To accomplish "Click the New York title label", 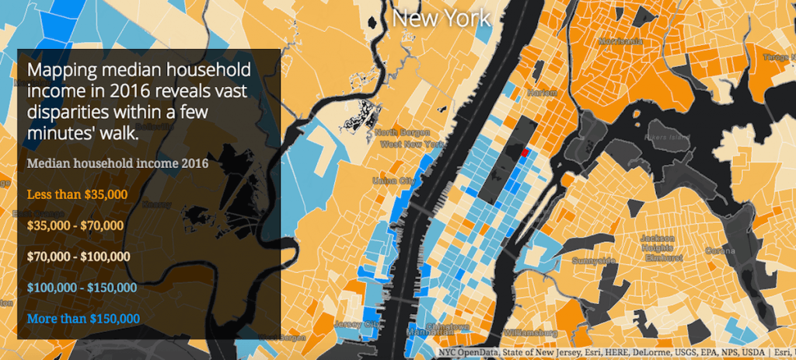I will pos(442,18).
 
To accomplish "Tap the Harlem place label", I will pos(543,93).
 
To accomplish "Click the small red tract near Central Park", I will pos(525,153).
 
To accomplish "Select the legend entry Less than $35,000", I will pos(77,194).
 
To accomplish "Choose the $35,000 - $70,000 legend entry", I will pos(75,225).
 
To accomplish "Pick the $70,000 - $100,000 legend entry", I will pos(79,256).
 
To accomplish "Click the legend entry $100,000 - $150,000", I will pos(82,288).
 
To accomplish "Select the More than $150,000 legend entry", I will pos(83,318).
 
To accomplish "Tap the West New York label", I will pos(412,145).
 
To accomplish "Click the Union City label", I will pos(393,180).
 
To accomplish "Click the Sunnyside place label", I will pos(594,260).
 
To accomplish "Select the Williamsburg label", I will pos(529,332).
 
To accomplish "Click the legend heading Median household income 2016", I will pos(117,164).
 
